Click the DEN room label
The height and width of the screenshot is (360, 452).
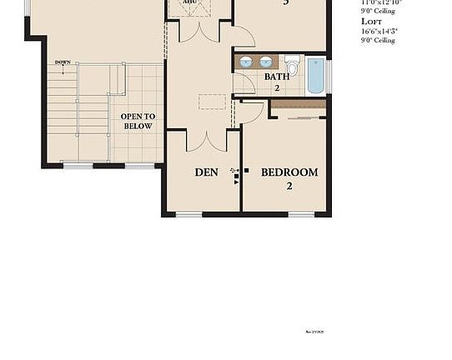pyautogui.click(x=206, y=172)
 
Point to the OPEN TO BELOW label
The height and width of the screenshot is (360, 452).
pyautogui.click(x=137, y=121)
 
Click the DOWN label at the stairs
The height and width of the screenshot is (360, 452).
pyautogui.click(x=63, y=62)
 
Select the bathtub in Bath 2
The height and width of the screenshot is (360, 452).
pyautogui.click(x=315, y=75)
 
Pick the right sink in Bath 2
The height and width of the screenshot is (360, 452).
pyautogui.click(x=266, y=62)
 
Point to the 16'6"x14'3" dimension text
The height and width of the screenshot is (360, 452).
pyautogui.click(x=379, y=31)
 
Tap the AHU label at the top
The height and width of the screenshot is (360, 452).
pyautogui.click(x=189, y=2)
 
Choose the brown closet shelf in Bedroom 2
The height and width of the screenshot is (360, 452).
pyautogui.click(x=299, y=103)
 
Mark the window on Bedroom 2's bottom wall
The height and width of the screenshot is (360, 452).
pyautogui.click(x=301, y=214)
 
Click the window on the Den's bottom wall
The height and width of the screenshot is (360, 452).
pyautogui.click(x=189, y=214)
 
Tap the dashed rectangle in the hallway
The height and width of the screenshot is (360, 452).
pyautogui.click(x=212, y=102)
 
